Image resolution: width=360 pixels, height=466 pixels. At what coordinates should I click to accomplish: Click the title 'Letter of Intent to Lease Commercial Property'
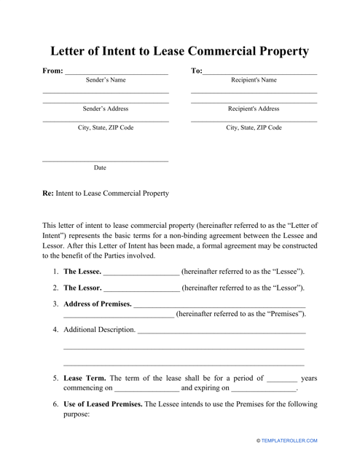pyautogui.click(x=179, y=52)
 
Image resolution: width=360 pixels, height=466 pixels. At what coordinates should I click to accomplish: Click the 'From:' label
pyautogui.click(x=52, y=71)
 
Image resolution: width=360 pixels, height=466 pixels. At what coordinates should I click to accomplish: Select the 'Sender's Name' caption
pyautogui.click(x=105, y=80)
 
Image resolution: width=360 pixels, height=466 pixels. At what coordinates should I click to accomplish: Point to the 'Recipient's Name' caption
pyautogui.click(x=254, y=80)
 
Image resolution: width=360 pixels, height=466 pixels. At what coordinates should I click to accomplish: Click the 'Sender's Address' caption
pyautogui.click(x=105, y=108)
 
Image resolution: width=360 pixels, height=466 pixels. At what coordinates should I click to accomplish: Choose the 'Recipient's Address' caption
pyautogui.click(x=254, y=108)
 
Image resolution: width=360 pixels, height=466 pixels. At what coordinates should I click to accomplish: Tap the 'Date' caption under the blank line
pyautogui.click(x=100, y=167)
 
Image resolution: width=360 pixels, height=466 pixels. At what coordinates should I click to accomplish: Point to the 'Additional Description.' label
pyautogui.click(x=99, y=330)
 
